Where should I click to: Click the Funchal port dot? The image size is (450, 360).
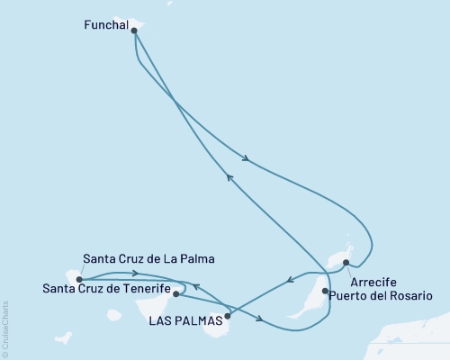tap(134, 31)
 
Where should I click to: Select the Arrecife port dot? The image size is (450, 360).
tap(346, 262)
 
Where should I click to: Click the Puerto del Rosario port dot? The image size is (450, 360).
tap(324, 291)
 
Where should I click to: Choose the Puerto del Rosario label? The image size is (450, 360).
tap(375, 295)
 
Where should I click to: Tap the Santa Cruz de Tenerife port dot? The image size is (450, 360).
tap(175, 293)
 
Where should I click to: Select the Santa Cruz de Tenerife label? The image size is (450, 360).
tap(107, 288)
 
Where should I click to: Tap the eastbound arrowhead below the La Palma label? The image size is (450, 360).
tap(133, 273)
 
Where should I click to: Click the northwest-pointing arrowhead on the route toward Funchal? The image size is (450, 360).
tap(229, 177)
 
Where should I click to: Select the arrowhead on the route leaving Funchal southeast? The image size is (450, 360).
tap(246, 162)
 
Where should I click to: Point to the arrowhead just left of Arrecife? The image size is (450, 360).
tap(288, 281)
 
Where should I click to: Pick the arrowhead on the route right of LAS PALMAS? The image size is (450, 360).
tap(260, 319)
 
